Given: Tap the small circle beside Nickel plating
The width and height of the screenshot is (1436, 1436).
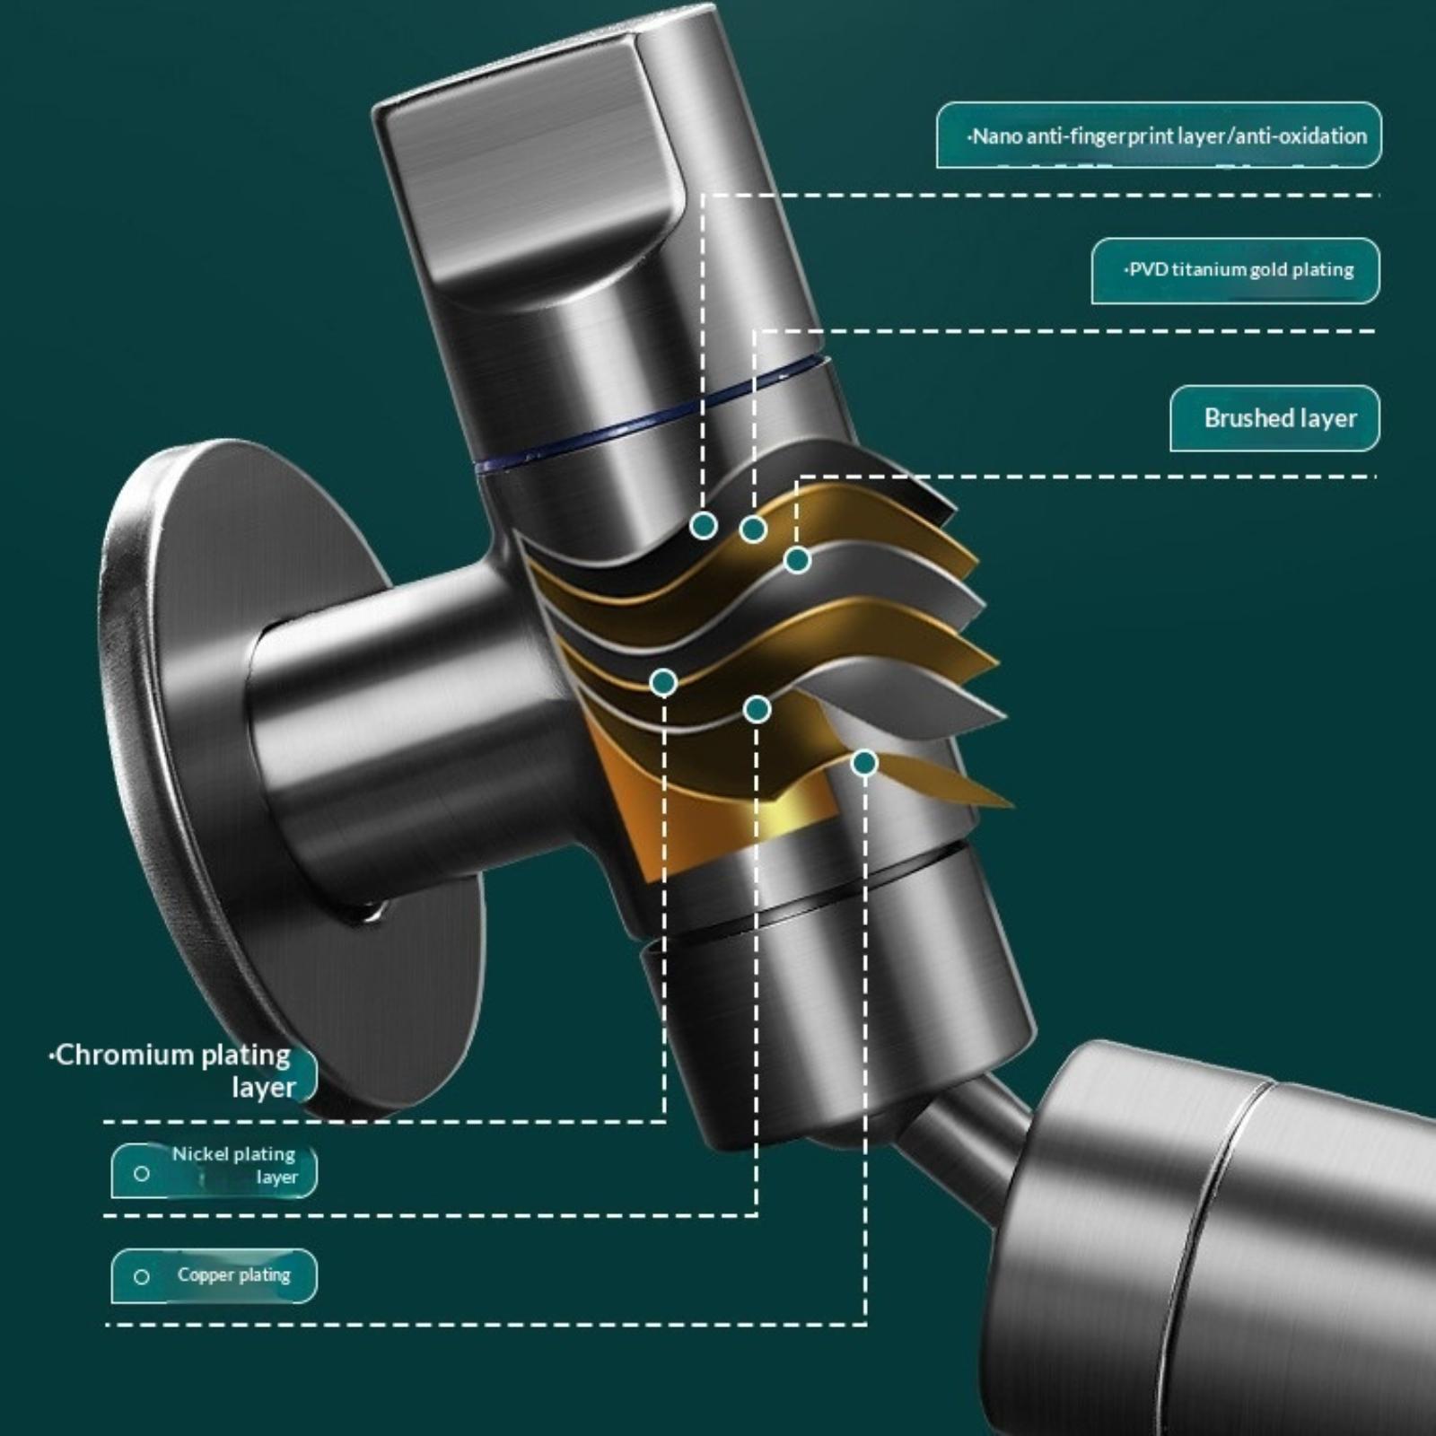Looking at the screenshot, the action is (141, 1173).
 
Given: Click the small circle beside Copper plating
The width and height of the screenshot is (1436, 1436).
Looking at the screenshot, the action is (141, 1276).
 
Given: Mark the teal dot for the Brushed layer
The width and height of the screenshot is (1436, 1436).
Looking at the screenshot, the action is (797, 561).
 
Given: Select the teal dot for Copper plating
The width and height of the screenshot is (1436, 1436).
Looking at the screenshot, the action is (864, 763).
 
